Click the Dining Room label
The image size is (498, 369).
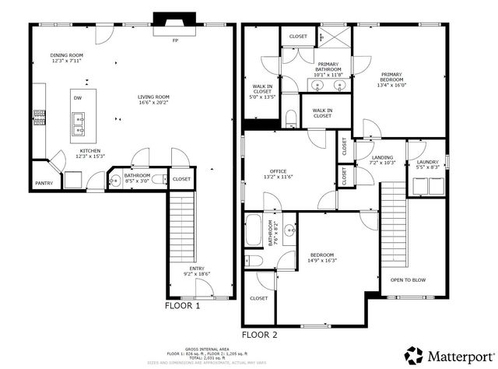(x=67, y=55)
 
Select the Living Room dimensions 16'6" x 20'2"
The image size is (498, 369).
(x=153, y=102)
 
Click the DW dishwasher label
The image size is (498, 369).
(x=77, y=98)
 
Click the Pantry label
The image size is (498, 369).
(x=44, y=183)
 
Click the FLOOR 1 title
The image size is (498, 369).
(x=183, y=306)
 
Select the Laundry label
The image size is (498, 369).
(x=428, y=162)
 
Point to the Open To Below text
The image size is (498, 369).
(x=408, y=279)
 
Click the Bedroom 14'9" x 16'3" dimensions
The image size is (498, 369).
(x=321, y=261)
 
